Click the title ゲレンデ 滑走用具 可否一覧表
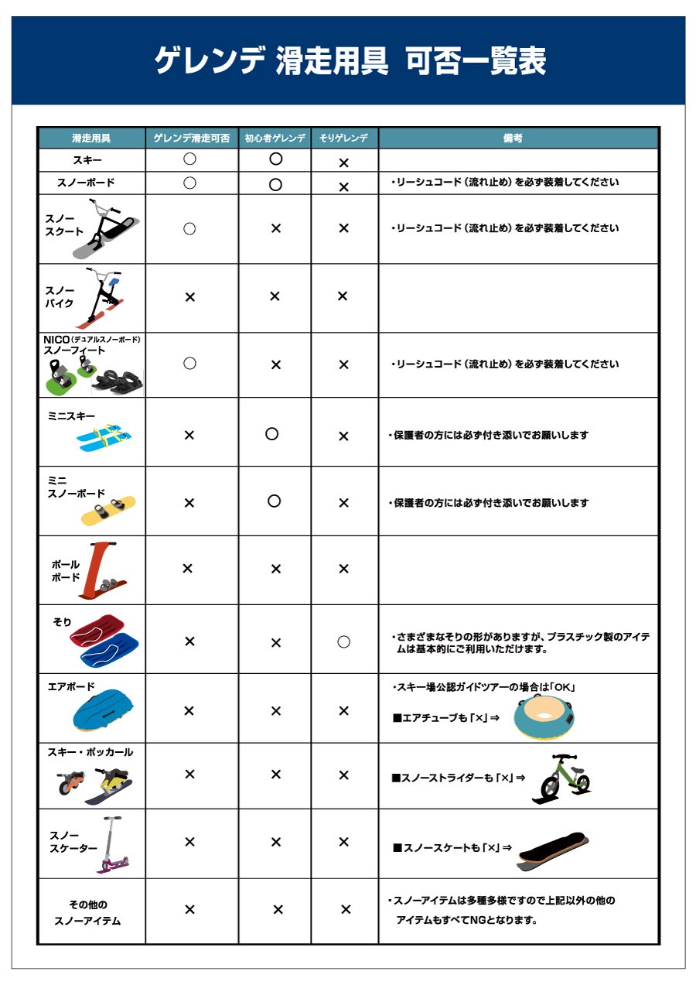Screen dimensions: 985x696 (x=350, y=60)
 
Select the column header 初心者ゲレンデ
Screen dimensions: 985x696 (x=275, y=139)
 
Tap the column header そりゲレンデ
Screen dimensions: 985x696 (x=344, y=139)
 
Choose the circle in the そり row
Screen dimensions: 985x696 (x=344, y=641)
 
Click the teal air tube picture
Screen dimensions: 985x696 (x=544, y=717)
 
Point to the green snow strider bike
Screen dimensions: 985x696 (x=561, y=778)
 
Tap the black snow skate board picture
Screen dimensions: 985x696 (x=552, y=849)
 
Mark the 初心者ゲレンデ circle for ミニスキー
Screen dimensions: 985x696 (x=271, y=434)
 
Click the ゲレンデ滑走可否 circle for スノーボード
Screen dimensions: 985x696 (x=189, y=183)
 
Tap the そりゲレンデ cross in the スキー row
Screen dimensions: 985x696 (x=344, y=163)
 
